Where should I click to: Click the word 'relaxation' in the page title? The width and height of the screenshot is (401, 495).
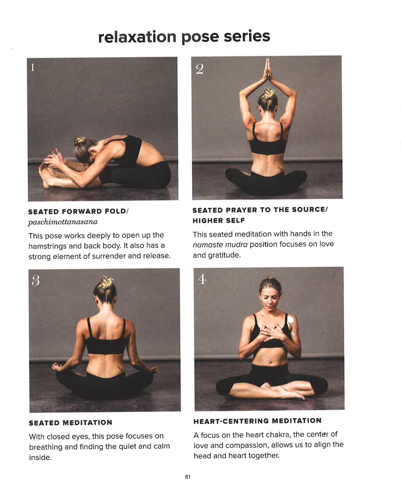tap(137, 37)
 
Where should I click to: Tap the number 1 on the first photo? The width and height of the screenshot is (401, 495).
tap(33, 67)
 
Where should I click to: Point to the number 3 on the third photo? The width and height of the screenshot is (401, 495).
tap(36, 281)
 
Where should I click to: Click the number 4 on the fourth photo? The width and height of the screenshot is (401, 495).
tap(202, 279)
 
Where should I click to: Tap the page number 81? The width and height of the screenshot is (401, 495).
tap(188, 477)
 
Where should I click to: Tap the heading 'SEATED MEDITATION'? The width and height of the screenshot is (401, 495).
tap(71, 423)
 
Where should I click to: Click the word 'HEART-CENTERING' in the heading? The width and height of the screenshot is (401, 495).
tap(231, 421)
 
